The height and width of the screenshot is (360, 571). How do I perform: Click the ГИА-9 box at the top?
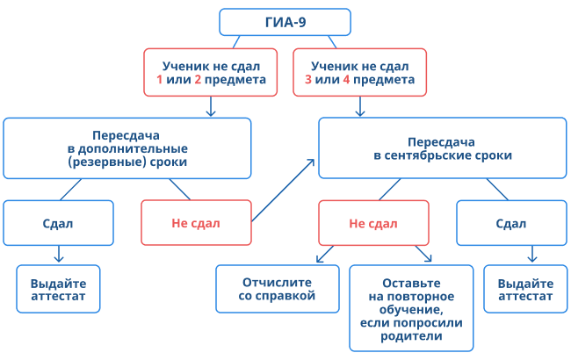pos(285,21)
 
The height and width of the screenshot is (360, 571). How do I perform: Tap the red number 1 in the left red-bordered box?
pos(160,80)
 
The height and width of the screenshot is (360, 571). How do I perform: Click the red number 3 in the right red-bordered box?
pos(308,80)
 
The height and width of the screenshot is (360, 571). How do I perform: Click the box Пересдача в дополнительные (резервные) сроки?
pos(139,148)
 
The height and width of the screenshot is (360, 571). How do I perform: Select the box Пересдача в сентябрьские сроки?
pos(442,148)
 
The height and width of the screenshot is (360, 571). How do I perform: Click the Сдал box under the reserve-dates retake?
pos(58,223)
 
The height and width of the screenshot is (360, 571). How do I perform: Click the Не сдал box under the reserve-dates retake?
pos(195,223)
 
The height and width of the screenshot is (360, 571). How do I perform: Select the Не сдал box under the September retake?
pos(373,223)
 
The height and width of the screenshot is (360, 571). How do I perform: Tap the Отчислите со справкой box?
pos(277,290)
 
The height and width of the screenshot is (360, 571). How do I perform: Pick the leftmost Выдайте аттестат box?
pos(58,290)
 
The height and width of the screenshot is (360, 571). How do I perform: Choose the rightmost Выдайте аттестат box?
pos(525,290)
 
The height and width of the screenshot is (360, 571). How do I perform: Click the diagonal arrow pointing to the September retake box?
pos(283,190)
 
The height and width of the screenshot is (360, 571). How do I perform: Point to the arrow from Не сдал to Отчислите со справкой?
pos(325,255)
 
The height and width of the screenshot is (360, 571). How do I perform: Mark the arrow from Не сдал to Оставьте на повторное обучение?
pos(423,255)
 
